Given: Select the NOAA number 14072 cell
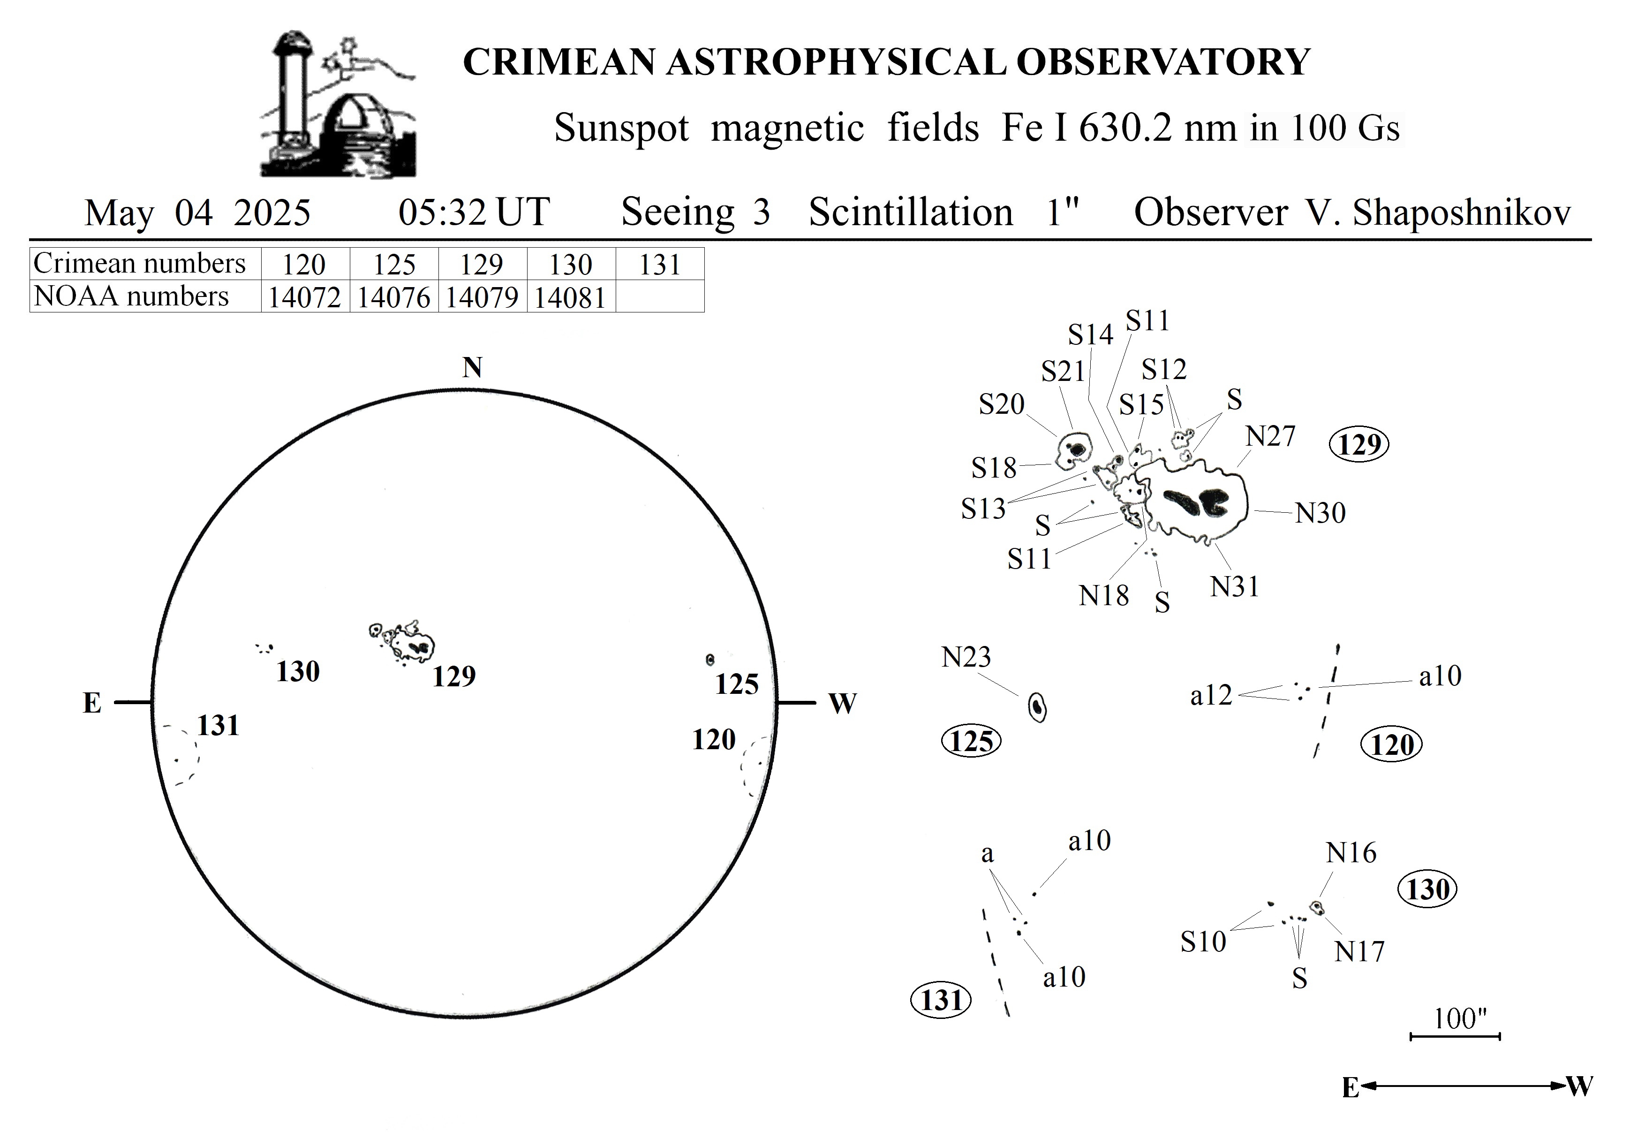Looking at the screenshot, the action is (304, 296).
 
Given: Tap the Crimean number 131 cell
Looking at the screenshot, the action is (660, 264).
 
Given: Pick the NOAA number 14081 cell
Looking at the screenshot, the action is (571, 296).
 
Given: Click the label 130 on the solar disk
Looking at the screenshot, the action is (298, 672).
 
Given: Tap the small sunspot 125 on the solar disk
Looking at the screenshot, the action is (710, 659).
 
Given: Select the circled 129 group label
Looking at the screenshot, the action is (1358, 444).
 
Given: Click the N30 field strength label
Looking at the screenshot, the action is (1321, 513).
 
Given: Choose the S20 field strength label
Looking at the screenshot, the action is (1002, 404).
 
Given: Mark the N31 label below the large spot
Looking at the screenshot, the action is (1234, 586).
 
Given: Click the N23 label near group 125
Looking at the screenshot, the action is (966, 657).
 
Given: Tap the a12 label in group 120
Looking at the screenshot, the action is (1211, 695).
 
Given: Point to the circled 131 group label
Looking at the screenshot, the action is (941, 1000).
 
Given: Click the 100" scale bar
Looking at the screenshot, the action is (1455, 1036).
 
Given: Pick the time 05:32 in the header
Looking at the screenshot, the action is (442, 212).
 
